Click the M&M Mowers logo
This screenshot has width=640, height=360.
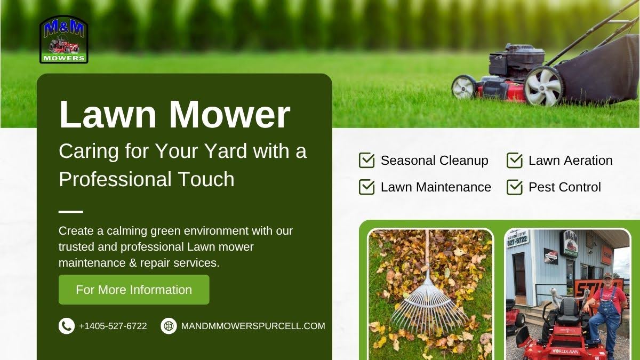click(x=63, y=39)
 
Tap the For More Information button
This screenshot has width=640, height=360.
click(x=134, y=290)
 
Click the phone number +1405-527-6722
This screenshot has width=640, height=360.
click(x=113, y=326)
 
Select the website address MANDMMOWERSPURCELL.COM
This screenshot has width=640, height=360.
click(x=253, y=326)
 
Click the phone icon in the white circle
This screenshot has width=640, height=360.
click(x=66, y=326)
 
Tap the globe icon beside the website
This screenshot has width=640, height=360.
click(x=169, y=326)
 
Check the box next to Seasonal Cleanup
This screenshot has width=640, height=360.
click(x=366, y=161)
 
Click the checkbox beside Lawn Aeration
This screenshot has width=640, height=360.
click(x=514, y=161)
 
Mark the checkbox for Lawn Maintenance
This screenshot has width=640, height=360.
click(x=366, y=187)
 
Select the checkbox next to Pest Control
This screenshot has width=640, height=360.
click(x=514, y=187)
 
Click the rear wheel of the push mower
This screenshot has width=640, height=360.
click(x=543, y=86)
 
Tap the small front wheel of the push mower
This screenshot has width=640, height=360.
click(x=464, y=87)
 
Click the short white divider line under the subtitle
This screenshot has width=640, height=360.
click(x=70, y=212)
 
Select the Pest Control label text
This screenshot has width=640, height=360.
click(x=564, y=187)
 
